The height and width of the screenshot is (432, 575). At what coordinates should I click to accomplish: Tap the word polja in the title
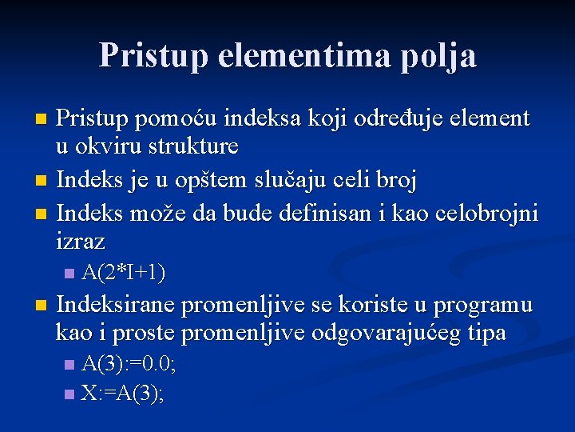coord(442,55)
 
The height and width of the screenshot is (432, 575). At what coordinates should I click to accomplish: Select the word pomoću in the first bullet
coord(179,119)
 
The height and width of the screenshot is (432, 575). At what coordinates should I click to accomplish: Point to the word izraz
coord(81,240)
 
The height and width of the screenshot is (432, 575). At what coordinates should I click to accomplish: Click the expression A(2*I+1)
coord(124,274)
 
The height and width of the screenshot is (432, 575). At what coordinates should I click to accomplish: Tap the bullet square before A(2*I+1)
coord(69,274)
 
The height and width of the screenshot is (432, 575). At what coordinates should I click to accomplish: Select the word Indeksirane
coord(117,305)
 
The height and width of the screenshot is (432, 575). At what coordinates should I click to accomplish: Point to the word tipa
coord(487,332)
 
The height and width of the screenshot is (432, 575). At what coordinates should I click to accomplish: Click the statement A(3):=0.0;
coord(129,365)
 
